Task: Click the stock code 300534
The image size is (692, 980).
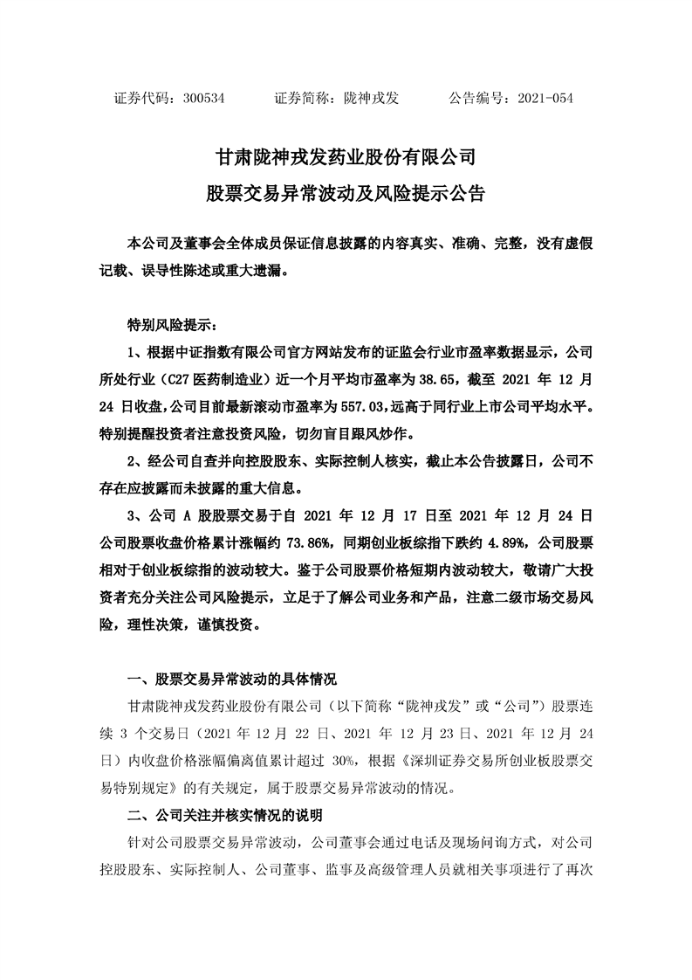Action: tap(205, 99)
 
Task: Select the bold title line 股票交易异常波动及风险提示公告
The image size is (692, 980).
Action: tap(346, 194)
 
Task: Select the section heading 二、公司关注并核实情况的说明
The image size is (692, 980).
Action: tap(224, 817)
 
